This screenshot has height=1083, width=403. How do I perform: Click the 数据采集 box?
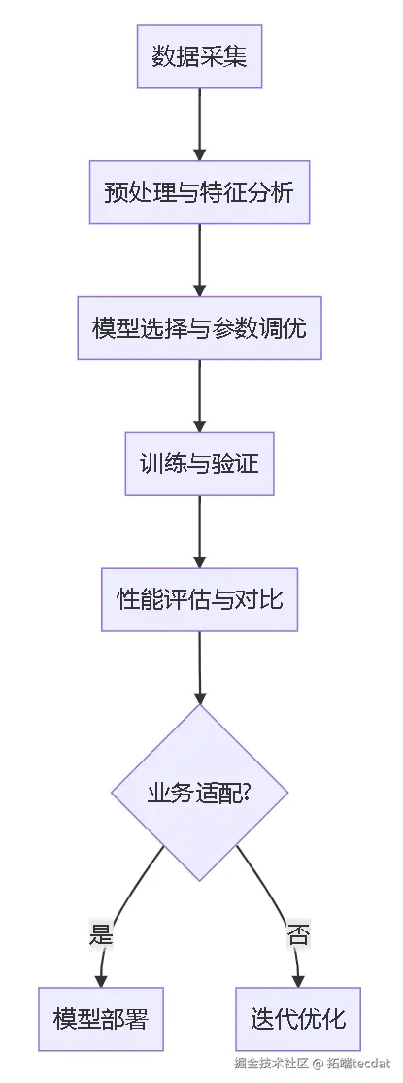pos(199,56)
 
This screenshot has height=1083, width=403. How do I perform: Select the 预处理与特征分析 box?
pos(199,192)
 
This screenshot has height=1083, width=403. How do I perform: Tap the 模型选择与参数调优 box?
pos(199,328)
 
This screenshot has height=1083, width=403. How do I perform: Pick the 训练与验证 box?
pos(199,463)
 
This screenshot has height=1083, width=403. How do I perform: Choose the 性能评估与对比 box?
pos(199,599)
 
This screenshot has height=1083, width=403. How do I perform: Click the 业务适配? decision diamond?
pos(199,793)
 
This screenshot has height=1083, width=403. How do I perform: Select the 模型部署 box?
pos(101,1019)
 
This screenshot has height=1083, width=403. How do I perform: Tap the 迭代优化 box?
pos(298,1019)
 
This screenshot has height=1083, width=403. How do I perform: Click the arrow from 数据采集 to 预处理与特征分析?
pos(199,125)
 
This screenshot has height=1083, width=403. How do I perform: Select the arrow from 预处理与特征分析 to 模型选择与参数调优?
pos(199,260)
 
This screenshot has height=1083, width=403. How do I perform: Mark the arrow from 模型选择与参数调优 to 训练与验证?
pos(199,396)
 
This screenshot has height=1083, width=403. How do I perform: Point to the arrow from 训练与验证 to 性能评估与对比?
pos(199,532)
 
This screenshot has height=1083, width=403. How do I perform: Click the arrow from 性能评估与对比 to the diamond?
pos(199,668)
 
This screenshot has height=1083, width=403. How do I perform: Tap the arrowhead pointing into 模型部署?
pos(101,981)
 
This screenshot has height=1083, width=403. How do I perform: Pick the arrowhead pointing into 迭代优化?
pos(298,981)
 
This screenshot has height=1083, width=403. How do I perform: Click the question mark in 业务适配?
pos(246,793)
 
